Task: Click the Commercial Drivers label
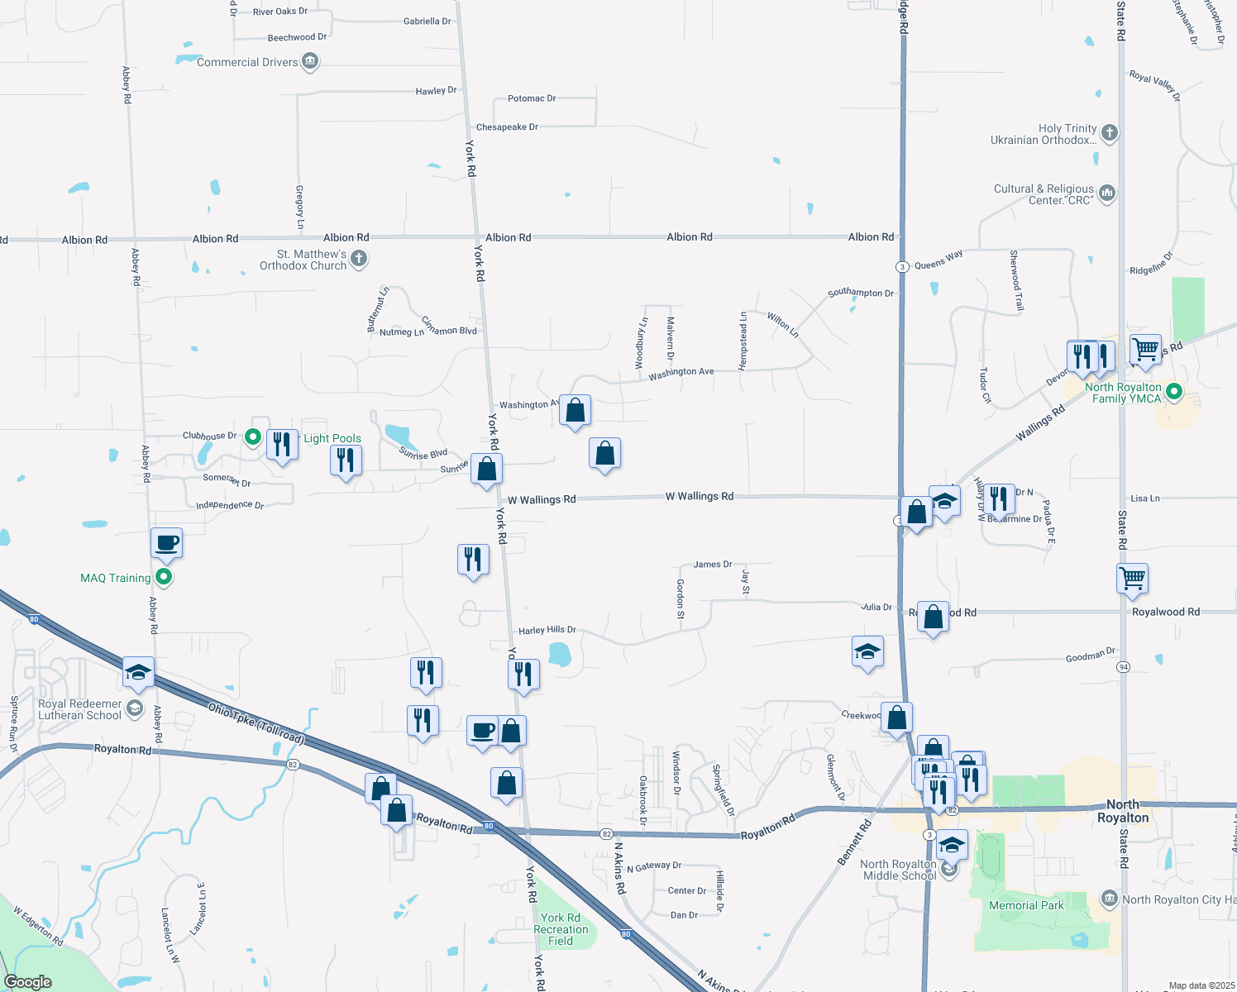pyautogui.click(x=246, y=62)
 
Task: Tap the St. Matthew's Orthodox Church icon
pyautogui.click(x=359, y=259)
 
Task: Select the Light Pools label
pyautogui.click(x=332, y=438)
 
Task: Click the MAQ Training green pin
pyautogui.click(x=164, y=577)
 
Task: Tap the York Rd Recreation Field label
pyautogui.click(x=561, y=929)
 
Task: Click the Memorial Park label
pyautogui.click(x=1026, y=905)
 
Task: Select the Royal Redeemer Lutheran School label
pyautogui.click(x=80, y=709)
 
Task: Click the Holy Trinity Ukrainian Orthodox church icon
pyautogui.click(x=1110, y=132)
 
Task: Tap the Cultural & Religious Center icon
pyautogui.click(x=1108, y=193)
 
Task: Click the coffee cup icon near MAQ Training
pyautogui.click(x=166, y=544)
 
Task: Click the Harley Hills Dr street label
pyautogui.click(x=547, y=630)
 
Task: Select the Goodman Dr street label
pyautogui.click(x=1090, y=656)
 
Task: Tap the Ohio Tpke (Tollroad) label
pyautogui.click(x=256, y=723)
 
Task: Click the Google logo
pyautogui.click(x=28, y=981)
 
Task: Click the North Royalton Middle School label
pyautogui.click(x=899, y=870)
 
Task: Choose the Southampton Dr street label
pyautogui.click(x=861, y=293)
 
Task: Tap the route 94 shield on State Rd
pyautogui.click(x=1123, y=666)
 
